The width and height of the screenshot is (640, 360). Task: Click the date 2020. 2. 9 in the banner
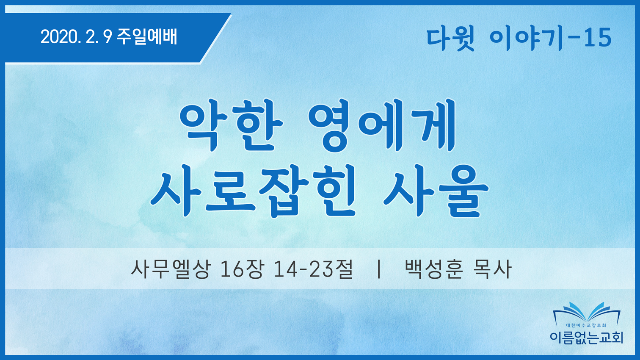pos(76,37)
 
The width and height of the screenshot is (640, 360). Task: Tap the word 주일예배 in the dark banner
pos(147,36)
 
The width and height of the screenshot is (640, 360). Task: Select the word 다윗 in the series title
pos(450,39)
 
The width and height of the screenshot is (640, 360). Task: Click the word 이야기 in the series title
pos(526,39)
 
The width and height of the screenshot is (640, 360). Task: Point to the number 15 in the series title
pos(598,38)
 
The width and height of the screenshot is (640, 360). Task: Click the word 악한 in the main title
pos(231,125)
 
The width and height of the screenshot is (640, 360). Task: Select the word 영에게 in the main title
pos(382,125)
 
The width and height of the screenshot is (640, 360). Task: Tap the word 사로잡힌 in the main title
pos(254,191)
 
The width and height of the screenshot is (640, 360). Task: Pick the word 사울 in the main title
pos(436,191)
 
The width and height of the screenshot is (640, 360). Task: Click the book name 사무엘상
pos(171,269)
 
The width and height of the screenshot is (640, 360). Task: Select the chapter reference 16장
pos(241,269)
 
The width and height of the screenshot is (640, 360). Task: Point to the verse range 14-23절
pos(313,269)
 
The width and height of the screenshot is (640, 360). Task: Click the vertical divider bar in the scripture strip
pos(379,269)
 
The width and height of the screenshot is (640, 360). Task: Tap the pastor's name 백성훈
pos(434,269)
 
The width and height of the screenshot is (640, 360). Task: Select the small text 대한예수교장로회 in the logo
pos(587,325)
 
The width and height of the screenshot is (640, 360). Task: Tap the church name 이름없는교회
pos(587,338)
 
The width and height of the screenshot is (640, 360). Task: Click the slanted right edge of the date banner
pos(216,38)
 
